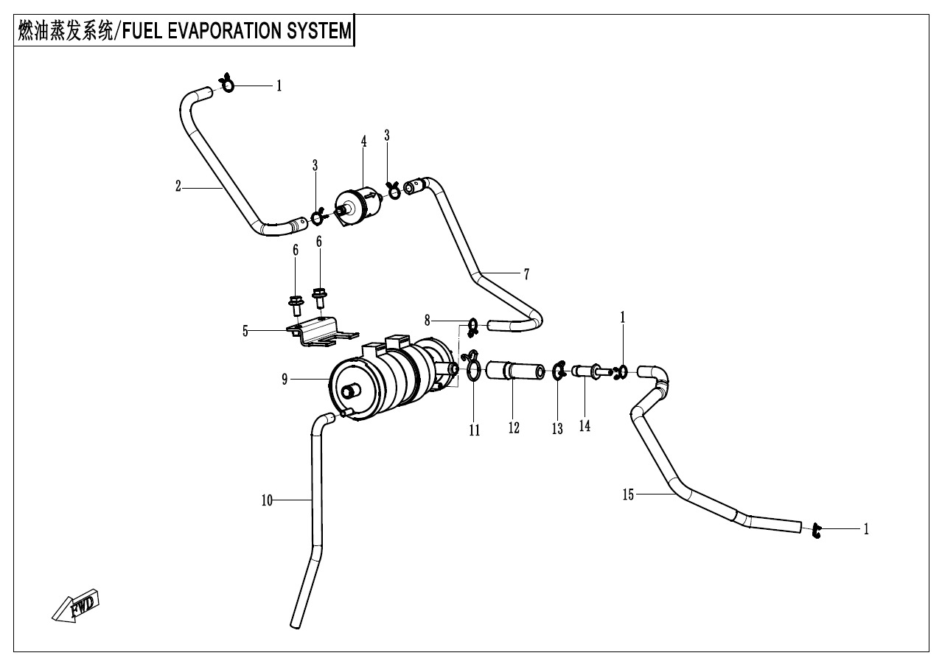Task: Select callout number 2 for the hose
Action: click(x=178, y=187)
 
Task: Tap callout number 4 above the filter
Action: click(x=363, y=141)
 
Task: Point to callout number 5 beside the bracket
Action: click(x=245, y=331)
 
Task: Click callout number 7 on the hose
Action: click(x=526, y=274)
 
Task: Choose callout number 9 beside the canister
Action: click(x=285, y=380)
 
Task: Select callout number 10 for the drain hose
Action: click(x=267, y=500)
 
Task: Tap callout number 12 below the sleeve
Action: click(x=513, y=427)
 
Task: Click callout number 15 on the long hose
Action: click(x=628, y=494)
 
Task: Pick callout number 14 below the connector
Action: click(x=585, y=425)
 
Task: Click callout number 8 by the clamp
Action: click(x=428, y=320)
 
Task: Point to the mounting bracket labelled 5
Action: click(x=317, y=329)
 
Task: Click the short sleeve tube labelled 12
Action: click(x=514, y=369)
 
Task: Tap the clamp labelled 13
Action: click(x=558, y=369)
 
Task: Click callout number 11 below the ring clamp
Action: click(x=475, y=430)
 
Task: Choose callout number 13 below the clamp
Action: click(x=557, y=429)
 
